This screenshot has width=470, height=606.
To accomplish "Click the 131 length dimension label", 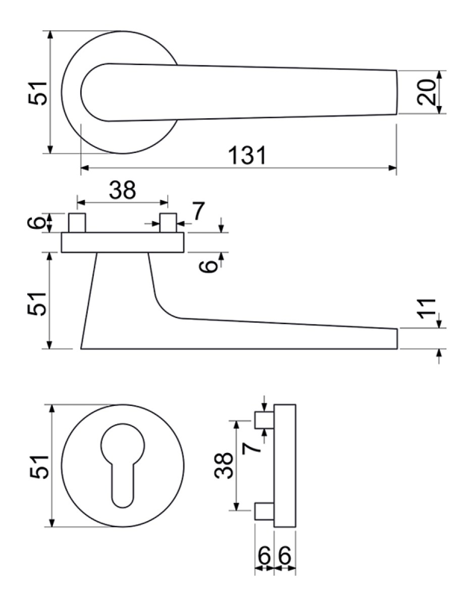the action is coord(247,156).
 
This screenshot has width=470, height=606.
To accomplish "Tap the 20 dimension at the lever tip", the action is coord(426,92).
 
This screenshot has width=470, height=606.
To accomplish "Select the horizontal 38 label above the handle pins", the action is coord(122,190).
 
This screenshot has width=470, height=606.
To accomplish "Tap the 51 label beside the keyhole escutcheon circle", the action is coord(38,468).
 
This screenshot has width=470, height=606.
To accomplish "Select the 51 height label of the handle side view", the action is coord(36,304).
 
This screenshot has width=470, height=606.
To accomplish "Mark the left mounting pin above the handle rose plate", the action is coord(77,223).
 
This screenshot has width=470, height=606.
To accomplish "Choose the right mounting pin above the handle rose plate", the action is coord(168,223).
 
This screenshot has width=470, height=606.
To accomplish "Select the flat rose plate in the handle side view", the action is coord(122,242).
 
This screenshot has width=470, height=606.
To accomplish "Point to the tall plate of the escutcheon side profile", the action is coord(285,466).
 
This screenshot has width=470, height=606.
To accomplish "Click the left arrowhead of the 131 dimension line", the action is coord(84,168).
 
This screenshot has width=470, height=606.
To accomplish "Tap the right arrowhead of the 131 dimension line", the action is coord(392,168).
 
